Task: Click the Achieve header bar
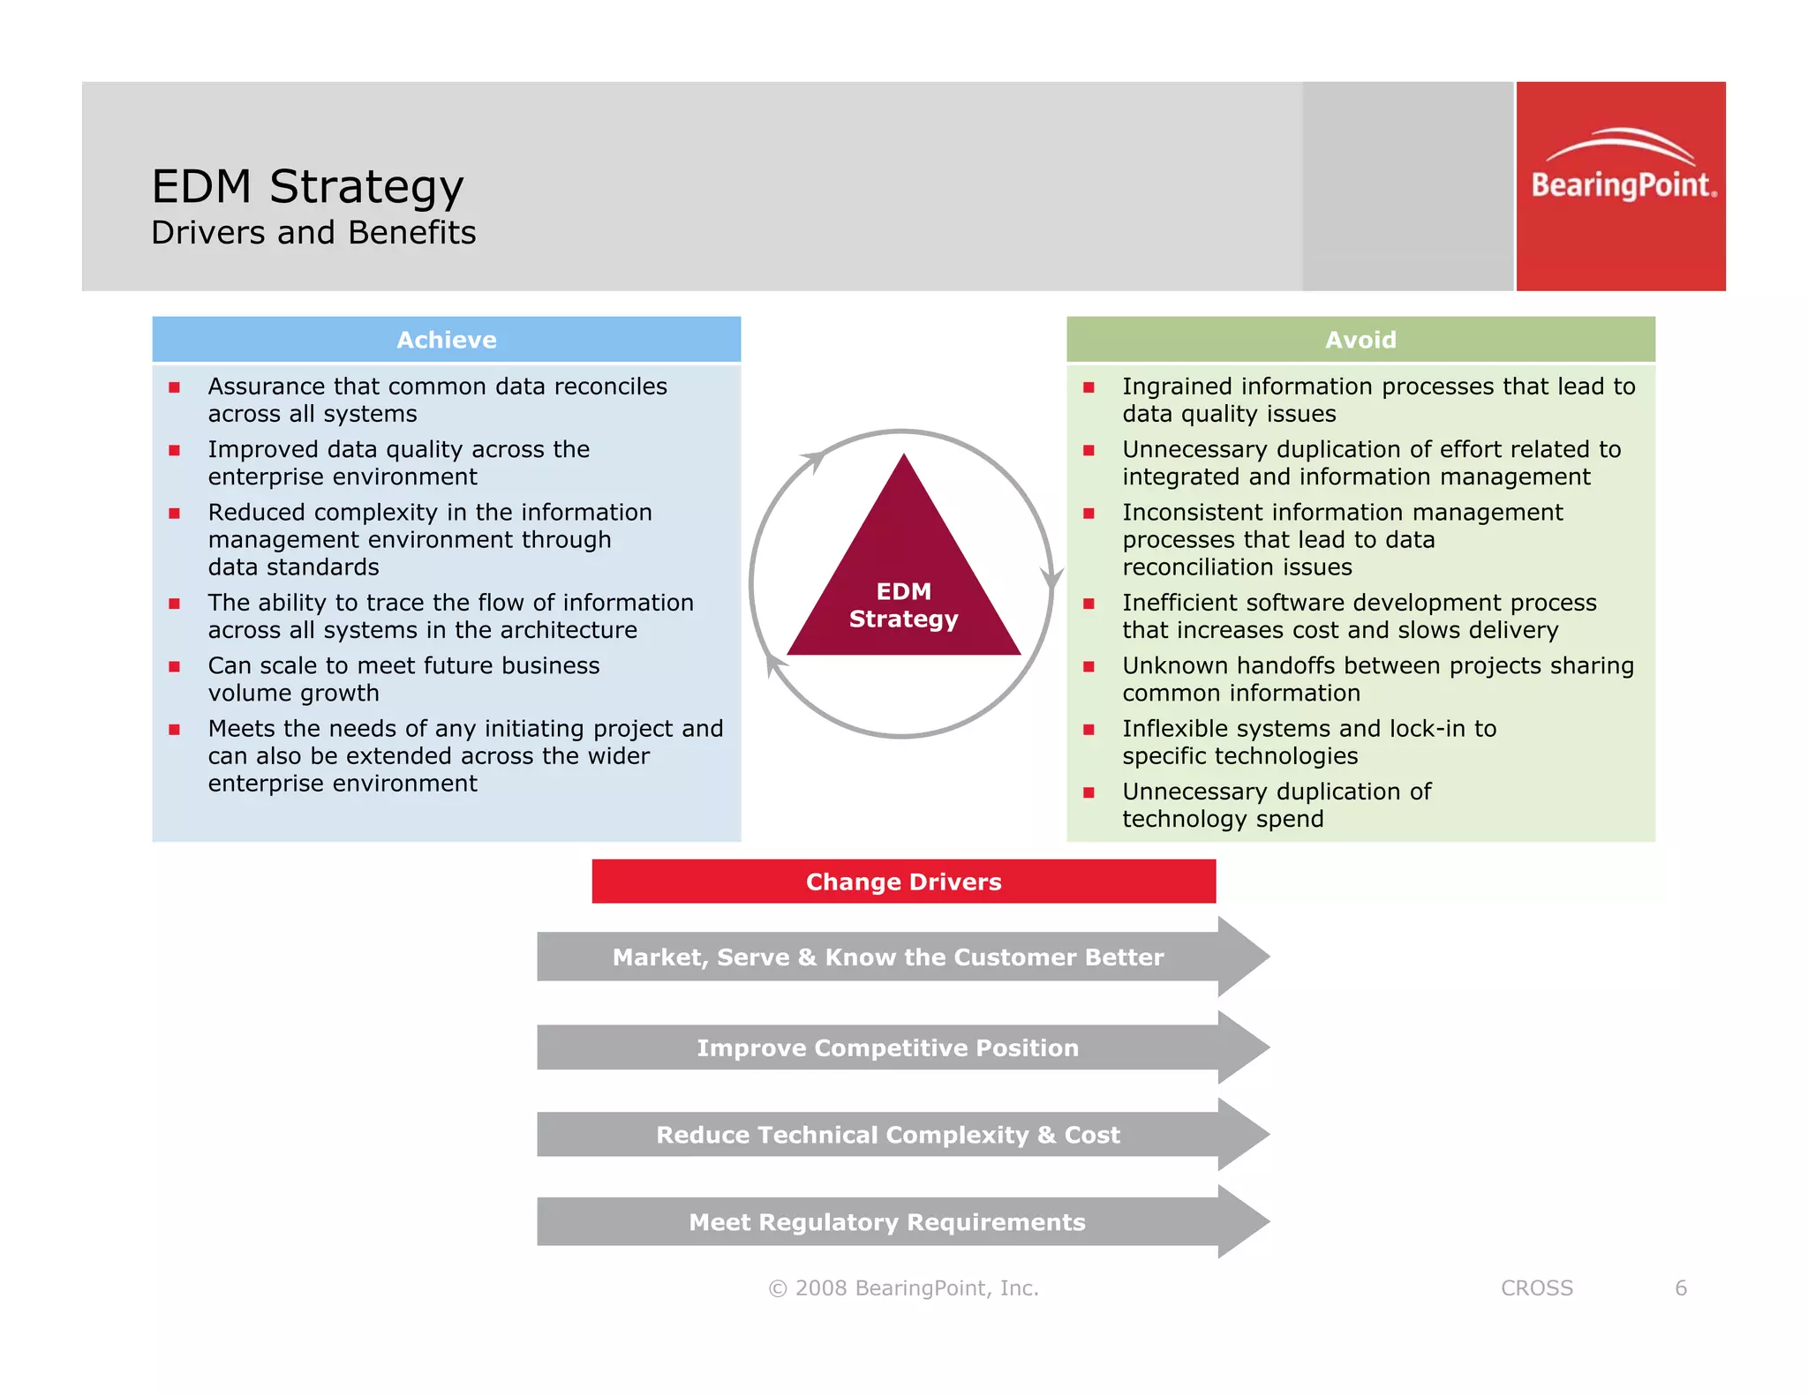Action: pos(446,340)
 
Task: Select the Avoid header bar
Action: pos(1360,340)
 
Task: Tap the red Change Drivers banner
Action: pos(903,882)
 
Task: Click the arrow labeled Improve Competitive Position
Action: pos(887,1047)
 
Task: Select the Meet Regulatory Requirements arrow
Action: pos(887,1222)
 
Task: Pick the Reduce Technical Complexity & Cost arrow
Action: pos(887,1135)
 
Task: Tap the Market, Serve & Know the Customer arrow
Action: pos(887,957)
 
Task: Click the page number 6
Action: pos(1681,1288)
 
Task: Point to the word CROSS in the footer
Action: pos(1536,1288)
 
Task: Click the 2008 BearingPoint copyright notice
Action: pos(903,1288)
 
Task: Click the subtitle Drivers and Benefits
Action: pos(313,233)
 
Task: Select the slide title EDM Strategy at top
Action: pos(307,187)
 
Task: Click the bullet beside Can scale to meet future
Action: pos(175,667)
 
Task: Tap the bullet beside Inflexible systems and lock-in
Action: pos(1089,730)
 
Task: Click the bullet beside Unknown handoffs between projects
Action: pos(1089,667)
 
